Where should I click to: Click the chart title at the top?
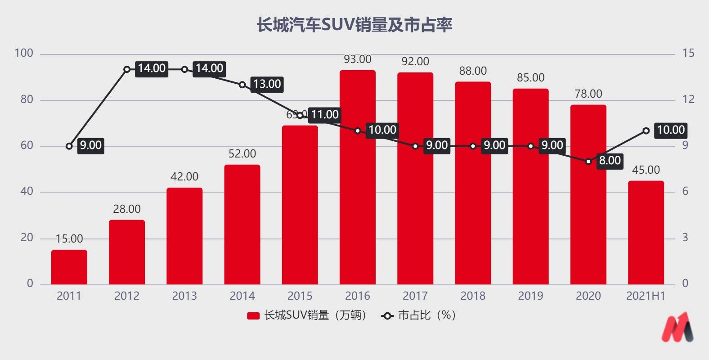point(354,25)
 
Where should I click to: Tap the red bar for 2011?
point(69,267)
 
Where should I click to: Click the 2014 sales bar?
point(242,225)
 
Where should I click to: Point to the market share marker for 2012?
point(127,69)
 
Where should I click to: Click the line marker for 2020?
point(588,161)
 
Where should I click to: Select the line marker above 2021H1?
point(646,130)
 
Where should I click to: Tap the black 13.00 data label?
point(267,84)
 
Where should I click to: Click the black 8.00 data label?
point(610,161)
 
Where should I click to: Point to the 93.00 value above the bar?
point(358,59)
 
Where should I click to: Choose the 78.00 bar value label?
point(588,94)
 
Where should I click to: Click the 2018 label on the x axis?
point(473,296)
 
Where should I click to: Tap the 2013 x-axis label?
point(184,296)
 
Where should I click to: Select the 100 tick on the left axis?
point(24,53)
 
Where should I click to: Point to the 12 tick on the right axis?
point(688,99)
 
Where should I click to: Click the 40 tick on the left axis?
point(27,191)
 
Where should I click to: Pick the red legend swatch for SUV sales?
point(253,315)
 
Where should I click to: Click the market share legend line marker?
point(387,315)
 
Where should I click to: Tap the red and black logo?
point(677,327)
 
